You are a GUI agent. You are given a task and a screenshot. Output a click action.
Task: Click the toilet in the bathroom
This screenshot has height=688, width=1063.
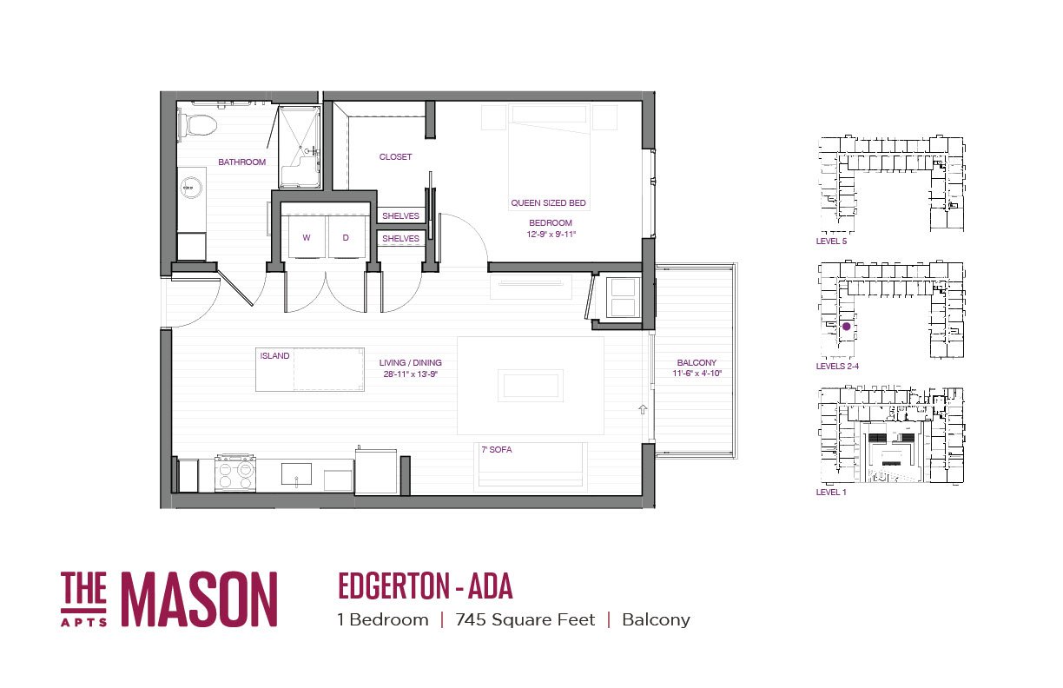coord(197,125)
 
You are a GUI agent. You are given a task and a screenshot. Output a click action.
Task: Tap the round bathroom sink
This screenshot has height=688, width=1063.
coord(191,187)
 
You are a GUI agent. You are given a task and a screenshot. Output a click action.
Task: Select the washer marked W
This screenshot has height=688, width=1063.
coord(306,237)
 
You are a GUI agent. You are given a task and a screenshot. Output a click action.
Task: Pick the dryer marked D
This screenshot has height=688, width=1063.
coord(346,237)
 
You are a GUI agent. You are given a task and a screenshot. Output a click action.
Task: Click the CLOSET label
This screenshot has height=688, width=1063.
coord(395,156)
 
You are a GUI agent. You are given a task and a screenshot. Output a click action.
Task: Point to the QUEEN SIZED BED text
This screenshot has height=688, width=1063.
coord(548,202)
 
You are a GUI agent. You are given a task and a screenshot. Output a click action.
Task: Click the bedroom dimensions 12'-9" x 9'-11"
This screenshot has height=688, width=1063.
coord(551,234)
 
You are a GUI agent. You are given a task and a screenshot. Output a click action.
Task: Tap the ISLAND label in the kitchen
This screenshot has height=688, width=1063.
coord(274,355)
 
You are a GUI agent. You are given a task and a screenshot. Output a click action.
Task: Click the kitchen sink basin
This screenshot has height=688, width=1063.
coord(297,473)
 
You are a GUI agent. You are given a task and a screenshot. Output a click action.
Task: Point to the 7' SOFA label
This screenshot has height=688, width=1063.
coord(497,450)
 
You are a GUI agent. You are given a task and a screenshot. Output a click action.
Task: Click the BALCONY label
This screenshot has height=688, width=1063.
coord(697,362)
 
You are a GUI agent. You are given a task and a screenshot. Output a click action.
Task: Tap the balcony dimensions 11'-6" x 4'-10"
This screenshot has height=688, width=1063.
coord(697,374)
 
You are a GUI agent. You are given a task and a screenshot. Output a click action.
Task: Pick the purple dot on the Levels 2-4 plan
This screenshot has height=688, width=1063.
coord(846,327)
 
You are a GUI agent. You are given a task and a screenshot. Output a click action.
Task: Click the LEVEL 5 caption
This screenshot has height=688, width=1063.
coord(831,241)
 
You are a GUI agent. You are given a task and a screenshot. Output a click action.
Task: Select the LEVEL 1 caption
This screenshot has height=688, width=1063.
coord(831,493)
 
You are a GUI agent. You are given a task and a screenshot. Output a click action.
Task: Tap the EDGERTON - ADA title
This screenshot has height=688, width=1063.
coord(426,586)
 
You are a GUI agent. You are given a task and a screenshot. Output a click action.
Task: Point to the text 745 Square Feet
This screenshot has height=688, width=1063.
coord(525,620)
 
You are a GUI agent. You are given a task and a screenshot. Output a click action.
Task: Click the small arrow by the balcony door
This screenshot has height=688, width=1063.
coord(643,409)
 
